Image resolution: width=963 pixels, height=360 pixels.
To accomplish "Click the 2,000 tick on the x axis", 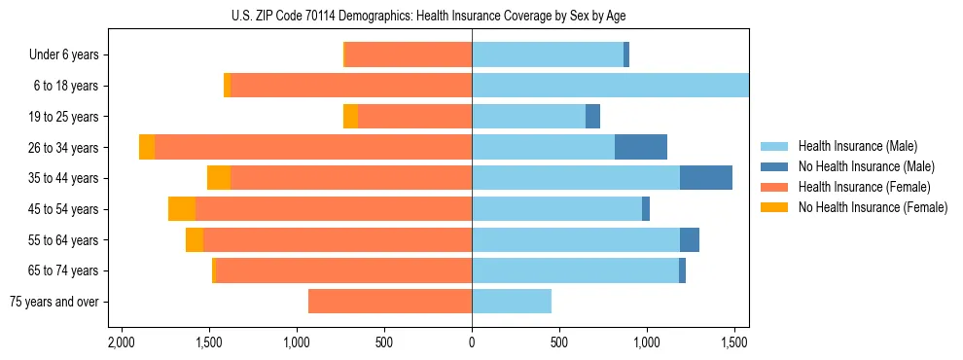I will pyautogui.click(x=121, y=342).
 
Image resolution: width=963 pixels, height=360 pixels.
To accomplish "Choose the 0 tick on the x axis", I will pyautogui.click(x=472, y=342).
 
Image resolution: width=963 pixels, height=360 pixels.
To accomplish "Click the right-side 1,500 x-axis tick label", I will pyautogui.click(x=735, y=342).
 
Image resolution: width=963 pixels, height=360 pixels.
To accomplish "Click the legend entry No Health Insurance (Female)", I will pyautogui.click(x=873, y=207).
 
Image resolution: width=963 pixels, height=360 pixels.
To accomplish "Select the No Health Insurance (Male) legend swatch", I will pyautogui.click(x=776, y=166).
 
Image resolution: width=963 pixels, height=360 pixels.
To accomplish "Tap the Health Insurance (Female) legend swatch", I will pyautogui.click(x=776, y=187).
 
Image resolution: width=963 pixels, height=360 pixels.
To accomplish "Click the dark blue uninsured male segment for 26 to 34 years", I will pyautogui.click(x=641, y=147).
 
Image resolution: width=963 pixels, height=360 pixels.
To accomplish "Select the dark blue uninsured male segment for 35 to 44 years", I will pyautogui.click(x=706, y=178).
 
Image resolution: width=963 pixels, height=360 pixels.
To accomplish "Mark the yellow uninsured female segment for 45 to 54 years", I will pyautogui.click(x=182, y=209).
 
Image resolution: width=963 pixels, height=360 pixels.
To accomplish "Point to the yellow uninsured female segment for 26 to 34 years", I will pyautogui.click(x=147, y=147).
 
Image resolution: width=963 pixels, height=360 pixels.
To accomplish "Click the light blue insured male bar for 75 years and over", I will pyautogui.click(x=512, y=302).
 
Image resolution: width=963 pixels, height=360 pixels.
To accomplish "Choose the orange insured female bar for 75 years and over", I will pyautogui.click(x=390, y=302).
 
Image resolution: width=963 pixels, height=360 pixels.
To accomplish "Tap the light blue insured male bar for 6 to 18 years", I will pyautogui.click(x=610, y=86).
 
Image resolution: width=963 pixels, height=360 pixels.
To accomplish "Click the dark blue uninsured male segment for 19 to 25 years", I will pyautogui.click(x=592, y=117).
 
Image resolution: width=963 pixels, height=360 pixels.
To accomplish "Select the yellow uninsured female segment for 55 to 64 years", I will pyautogui.click(x=195, y=240).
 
